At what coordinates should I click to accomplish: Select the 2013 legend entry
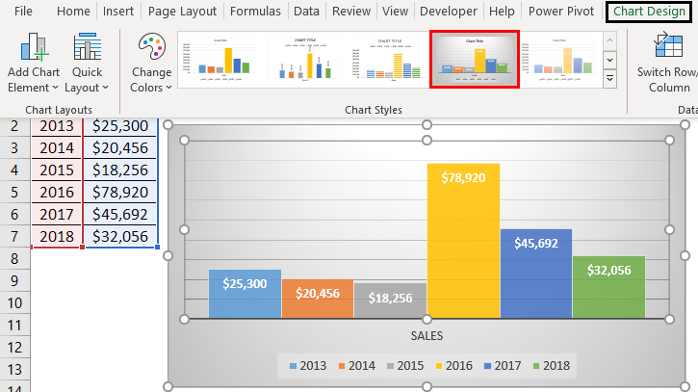coord(307,366)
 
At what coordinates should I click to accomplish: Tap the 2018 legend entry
coord(550,366)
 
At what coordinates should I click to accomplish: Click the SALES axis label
coord(427,336)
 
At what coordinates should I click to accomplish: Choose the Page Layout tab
coord(182,12)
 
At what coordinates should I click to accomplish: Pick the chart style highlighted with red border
coord(474,58)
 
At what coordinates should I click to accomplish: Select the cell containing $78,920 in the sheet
coord(120,192)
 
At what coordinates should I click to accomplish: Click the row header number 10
coord(14,302)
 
